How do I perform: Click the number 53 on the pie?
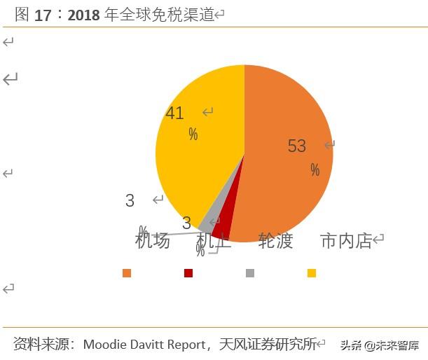297,146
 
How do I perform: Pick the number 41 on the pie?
174,113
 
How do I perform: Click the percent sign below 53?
315,170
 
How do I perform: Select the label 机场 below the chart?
153,241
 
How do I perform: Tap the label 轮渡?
275,241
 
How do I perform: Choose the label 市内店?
346,241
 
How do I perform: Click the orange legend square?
127,273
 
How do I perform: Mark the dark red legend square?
188,273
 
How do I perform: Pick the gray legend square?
250,273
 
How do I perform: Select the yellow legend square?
312,273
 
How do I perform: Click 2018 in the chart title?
84,15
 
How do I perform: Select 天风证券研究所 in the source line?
267,344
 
